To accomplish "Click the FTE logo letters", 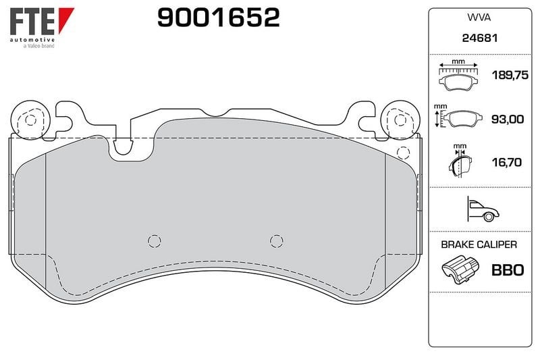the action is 32,22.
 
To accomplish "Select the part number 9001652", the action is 218,18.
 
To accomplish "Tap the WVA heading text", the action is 479,18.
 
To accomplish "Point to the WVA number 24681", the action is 480,38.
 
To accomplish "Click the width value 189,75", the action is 510,75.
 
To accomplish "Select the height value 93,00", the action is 508,119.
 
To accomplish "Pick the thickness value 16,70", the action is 507,162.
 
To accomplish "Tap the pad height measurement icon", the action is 457,118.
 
